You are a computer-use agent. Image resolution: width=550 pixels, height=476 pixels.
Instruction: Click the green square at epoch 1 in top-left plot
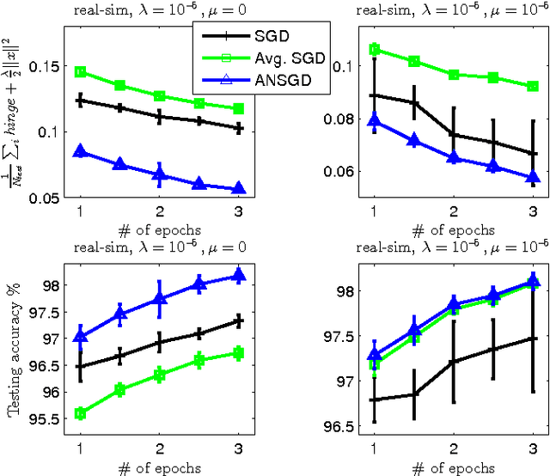pyautogui.click(x=80, y=72)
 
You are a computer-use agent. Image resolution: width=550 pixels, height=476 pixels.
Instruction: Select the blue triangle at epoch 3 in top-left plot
pyautogui.click(x=239, y=188)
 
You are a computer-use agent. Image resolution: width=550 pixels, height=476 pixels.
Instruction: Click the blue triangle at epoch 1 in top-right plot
pyautogui.click(x=373, y=121)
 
